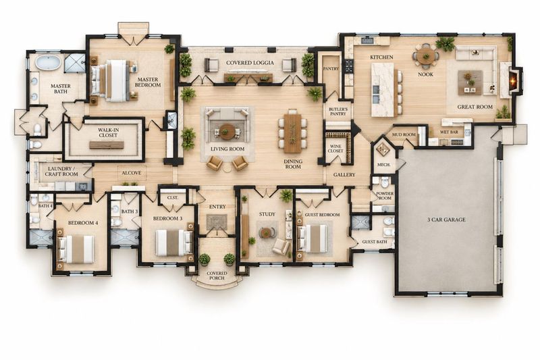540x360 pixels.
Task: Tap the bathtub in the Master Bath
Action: pyautogui.click(x=49, y=63)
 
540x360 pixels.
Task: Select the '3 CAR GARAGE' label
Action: pyautogui.click(x=446, y=220)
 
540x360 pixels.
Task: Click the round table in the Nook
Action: pyautogui.click(x=426, y=56)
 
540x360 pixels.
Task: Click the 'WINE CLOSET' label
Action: pyautogui.click(x=335, y=149)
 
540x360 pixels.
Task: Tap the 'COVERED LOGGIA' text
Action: pyautogui.click(x=250, y=63)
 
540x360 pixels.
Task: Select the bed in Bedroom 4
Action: pyautogui.click(x=76, y=249)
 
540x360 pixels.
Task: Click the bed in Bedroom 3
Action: pyautogui.click(x=174, y=242)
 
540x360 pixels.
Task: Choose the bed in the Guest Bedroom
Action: pyautogui.click(x=312, y=238)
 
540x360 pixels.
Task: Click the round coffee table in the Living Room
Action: pyautogui.click(x=227, y=131)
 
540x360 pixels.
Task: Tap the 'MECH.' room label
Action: pyautogui.click(x=383, y=165)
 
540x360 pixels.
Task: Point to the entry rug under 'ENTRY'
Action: pyautogui.click(x=217, y=222)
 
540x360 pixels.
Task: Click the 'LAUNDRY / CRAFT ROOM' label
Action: pyautogui.click(x=61, y=172)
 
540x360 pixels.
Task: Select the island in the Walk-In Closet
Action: pyautogui.click(x=107, y=145)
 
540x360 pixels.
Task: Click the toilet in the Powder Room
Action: pyautogui.click(x=384, y=182)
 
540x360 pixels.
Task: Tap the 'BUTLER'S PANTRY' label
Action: pyautogui.click(x=338, y=111)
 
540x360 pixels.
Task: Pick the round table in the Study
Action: pyautogui.click(x=266, y=233)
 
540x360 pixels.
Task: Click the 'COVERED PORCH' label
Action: pyautogui.click(x=217, y=276)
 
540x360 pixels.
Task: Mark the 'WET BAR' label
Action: pyautogui.click(x=449, y=132)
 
